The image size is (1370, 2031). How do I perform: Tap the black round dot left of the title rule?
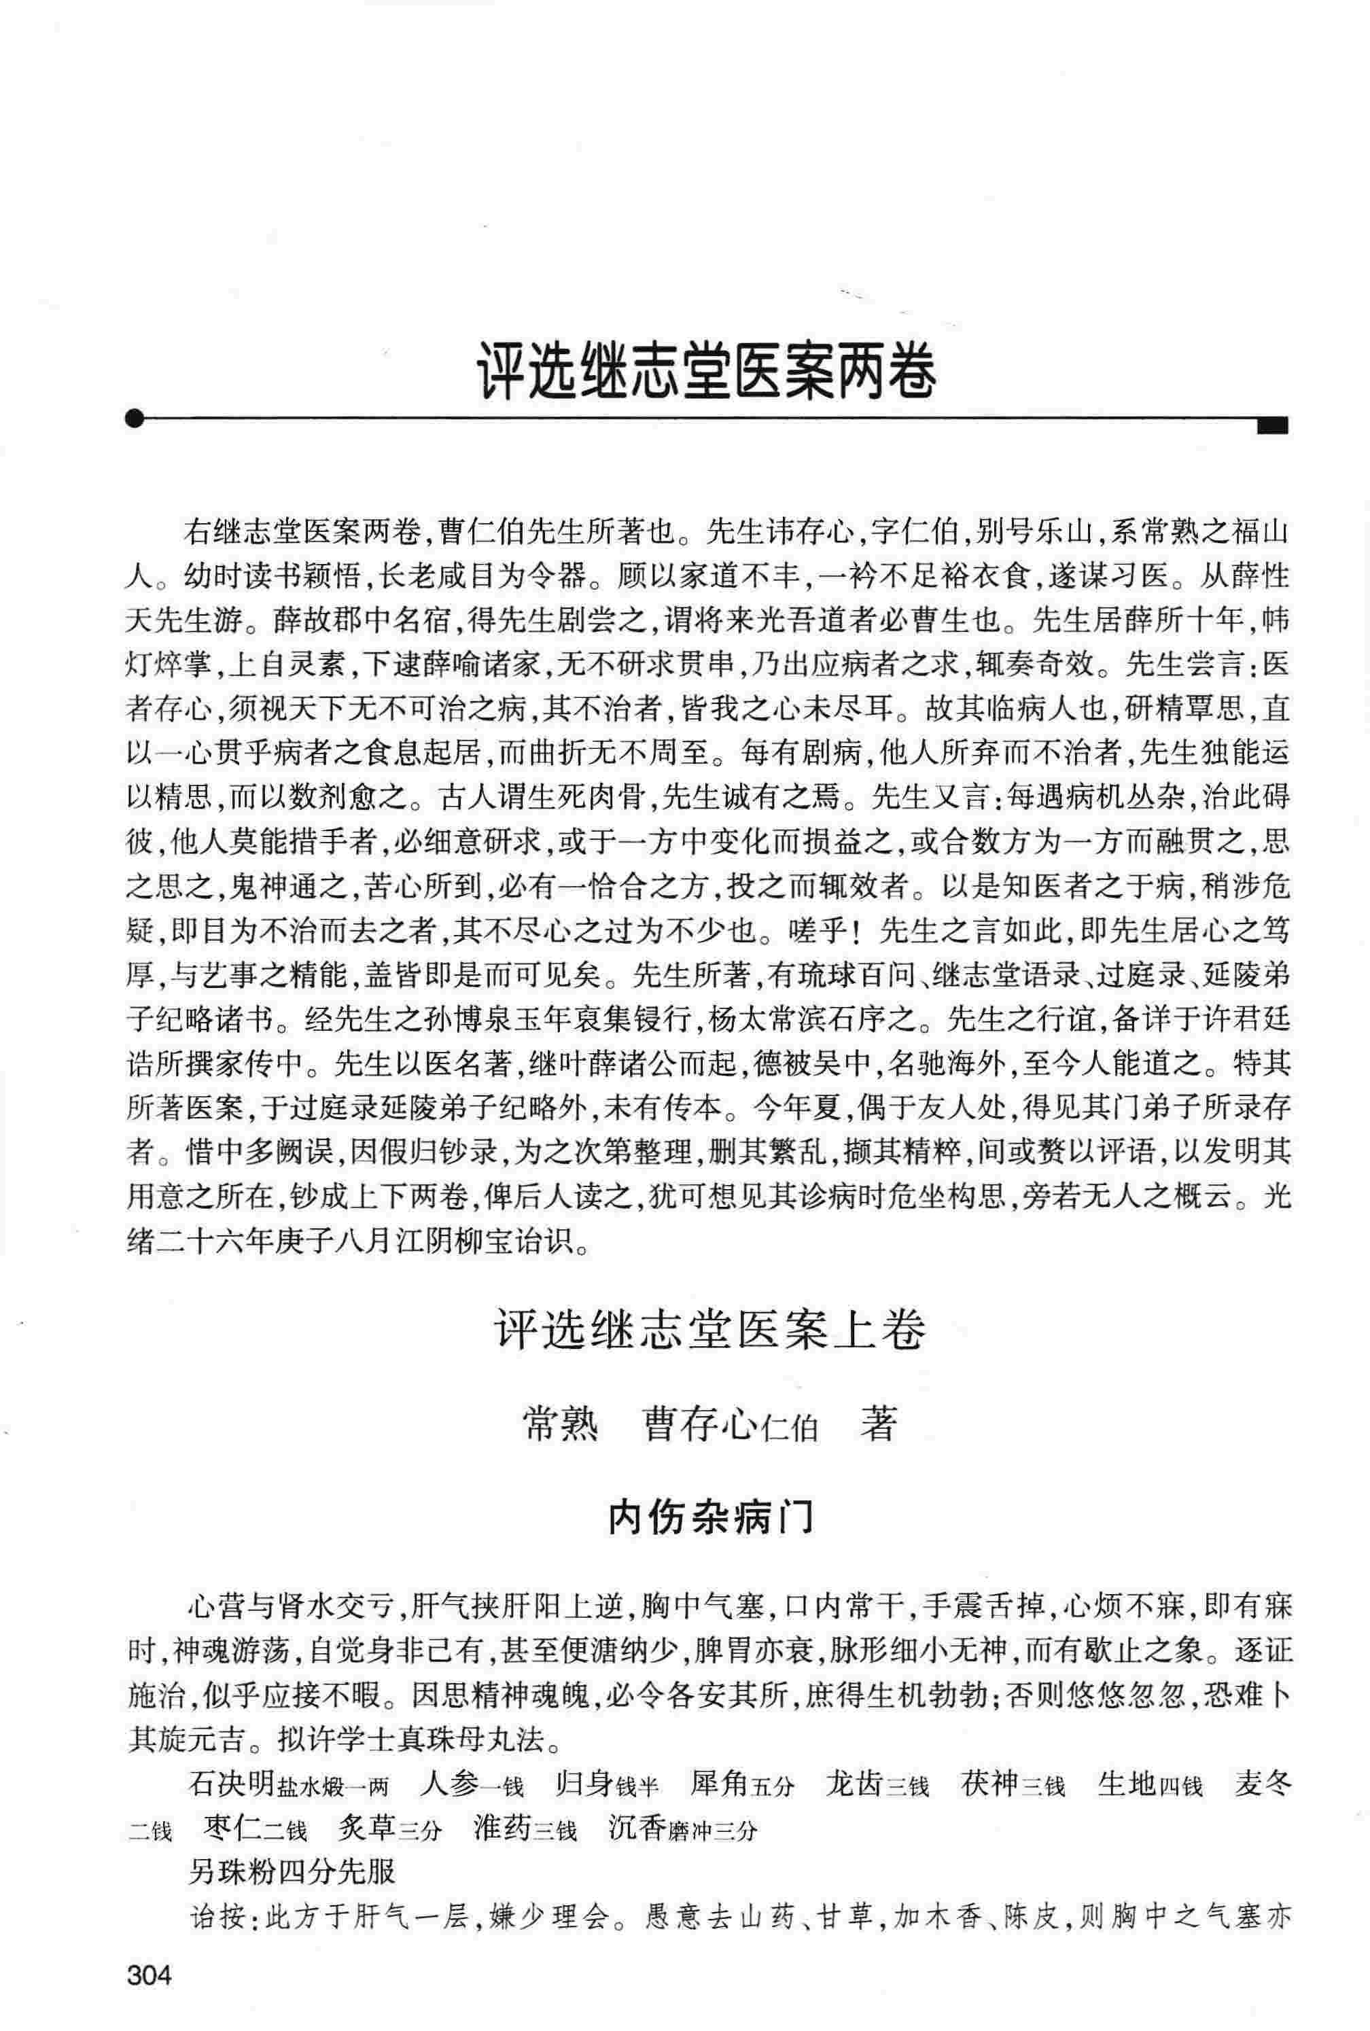point(134,419)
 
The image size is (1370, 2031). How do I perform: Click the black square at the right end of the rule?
point(1273,425)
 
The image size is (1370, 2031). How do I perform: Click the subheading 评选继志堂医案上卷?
point(709,1331)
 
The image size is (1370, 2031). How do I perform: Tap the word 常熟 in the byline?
point(560,1425)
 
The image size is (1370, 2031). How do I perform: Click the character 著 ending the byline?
point(878,1425)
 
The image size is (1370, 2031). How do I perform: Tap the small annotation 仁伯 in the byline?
point(790,1429)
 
